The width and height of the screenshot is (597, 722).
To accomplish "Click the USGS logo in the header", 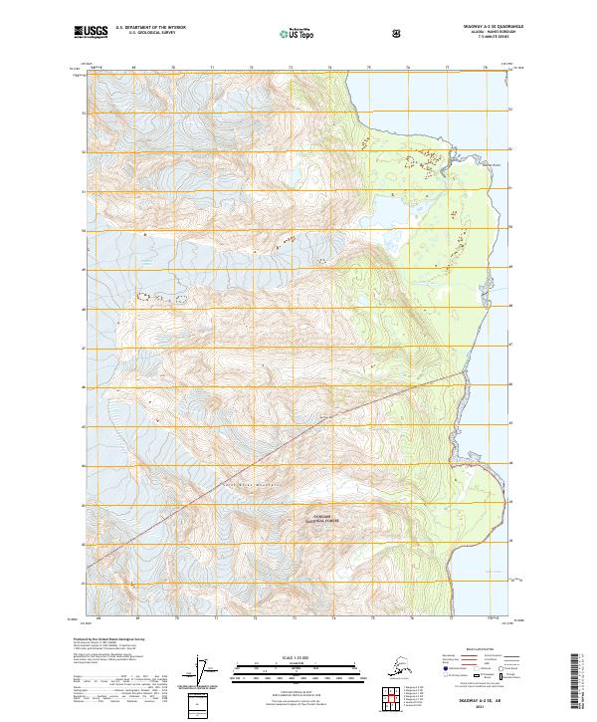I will [93, 33].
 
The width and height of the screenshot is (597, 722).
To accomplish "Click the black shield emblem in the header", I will [398, 33].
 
